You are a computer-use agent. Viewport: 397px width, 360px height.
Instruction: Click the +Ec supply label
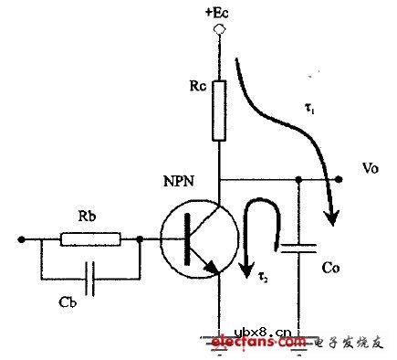pos(218,13)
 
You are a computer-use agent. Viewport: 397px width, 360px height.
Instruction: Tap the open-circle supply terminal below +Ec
pos(218,31)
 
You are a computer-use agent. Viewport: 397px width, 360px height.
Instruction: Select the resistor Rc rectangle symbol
pos(218,111)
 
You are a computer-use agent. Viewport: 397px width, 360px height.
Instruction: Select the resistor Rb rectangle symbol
pos(89,240)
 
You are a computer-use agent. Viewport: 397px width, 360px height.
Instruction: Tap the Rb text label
pos(89,219)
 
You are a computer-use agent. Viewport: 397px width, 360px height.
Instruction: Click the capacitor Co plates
pos(299,251)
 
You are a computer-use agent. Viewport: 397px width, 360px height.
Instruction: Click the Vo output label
pos(368,169)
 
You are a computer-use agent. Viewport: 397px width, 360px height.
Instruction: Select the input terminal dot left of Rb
pos(19,240)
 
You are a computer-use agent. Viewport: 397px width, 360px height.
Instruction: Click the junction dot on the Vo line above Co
pos(299,178)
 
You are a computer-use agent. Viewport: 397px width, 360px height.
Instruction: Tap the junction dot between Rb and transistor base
pos(140,240)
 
